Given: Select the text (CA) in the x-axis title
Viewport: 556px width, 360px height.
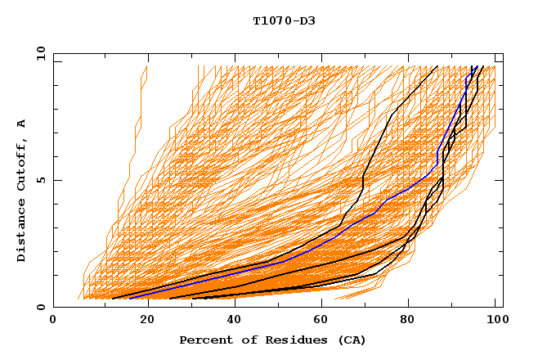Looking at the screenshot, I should coord(349,340).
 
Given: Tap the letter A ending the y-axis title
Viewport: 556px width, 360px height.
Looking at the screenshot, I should coord(22,124).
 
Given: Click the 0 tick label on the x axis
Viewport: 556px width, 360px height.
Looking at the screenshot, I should coord(53,320).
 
